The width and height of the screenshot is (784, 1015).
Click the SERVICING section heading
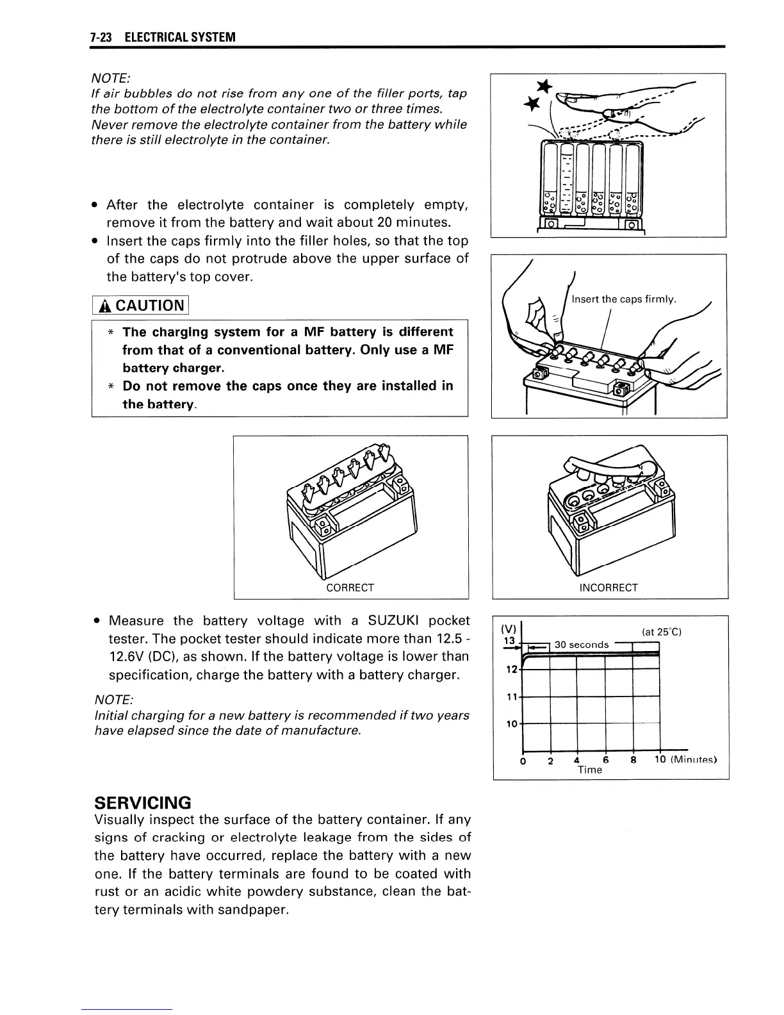142,802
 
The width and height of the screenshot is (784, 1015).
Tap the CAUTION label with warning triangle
140,305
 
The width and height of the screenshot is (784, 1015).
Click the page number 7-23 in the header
101,37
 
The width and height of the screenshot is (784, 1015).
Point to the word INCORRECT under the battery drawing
608,588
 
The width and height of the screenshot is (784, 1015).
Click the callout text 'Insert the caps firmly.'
624,299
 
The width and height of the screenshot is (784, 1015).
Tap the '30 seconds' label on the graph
581,645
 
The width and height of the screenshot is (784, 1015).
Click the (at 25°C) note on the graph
661,632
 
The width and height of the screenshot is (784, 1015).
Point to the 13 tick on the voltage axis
510,641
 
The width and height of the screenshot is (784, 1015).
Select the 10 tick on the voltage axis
511,724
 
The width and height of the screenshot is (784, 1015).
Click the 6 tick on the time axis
605,760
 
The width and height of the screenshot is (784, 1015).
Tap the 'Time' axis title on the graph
589,770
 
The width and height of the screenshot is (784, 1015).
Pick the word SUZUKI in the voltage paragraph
394,620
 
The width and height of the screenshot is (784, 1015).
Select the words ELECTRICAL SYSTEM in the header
180,37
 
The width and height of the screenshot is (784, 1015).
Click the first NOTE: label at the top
112,78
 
